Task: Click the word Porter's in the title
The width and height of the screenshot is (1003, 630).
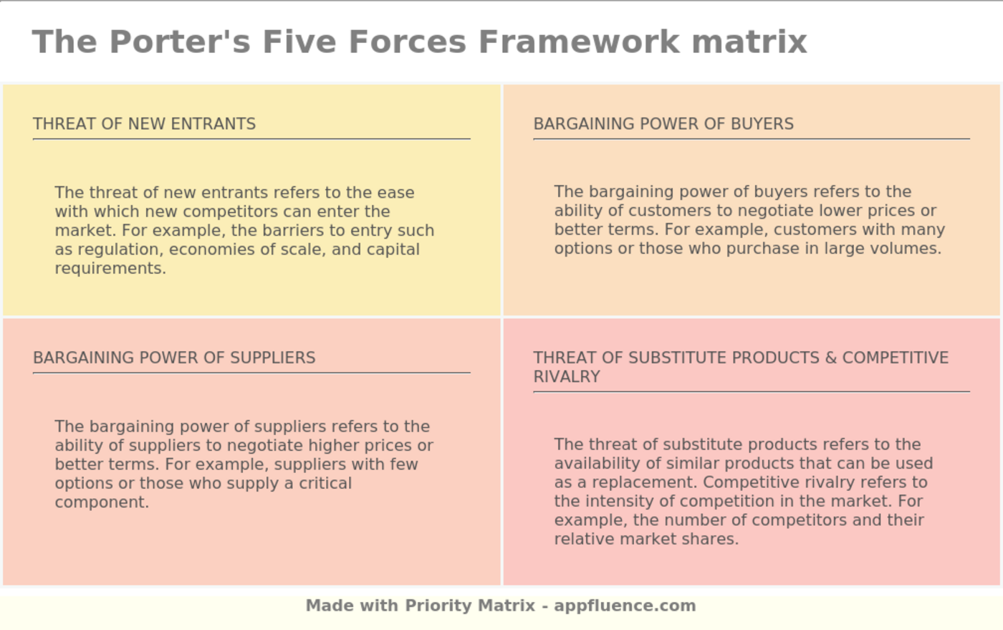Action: pyautogui.click(x=180, y=42)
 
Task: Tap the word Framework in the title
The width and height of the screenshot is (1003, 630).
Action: pyautogui.click(x=578, y=42)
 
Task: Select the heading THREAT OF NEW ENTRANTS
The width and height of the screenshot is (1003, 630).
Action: pyautogui.click(x=144, y=124)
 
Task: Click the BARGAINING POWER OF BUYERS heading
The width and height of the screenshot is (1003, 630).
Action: pyautogui.click(x=663, y=124)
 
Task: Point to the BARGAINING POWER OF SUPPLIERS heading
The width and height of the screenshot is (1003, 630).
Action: pyautogui.click(x=174, y=358)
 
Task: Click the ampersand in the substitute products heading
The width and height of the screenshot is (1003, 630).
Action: pyautogui.click(x=831, y=358)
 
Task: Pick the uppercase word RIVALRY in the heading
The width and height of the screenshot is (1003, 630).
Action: pyautogui.click(x=567, y=377)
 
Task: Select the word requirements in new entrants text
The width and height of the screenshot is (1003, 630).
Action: pyautogui.click(x=110, y=268)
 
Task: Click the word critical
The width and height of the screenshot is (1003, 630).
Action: pyautogui.click(x=325, y=483)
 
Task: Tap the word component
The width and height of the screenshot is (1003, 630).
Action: pyautogui.click(x=101, y=502)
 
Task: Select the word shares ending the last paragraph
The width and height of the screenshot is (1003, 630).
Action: pyautogui.click(x=711, y=539)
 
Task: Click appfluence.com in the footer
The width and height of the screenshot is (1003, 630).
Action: pyautogui.click(x=625, y=606)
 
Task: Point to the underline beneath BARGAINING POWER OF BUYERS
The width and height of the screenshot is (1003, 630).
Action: pyautogui.click(x=752, y=138)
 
